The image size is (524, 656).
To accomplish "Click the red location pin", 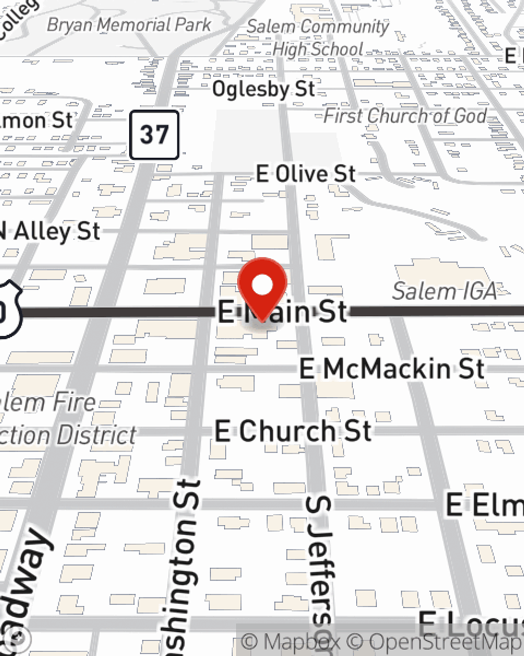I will coord(262,286).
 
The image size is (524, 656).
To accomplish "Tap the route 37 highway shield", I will coord(154,135).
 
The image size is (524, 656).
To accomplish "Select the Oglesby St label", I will coord(264,89).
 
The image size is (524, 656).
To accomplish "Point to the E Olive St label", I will coord(306,174).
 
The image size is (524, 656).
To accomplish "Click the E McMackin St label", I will coord(391,369).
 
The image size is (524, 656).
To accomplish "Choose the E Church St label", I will coord(293,432).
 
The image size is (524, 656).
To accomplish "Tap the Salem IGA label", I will coord(444,291).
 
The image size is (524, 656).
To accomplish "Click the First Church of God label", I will coord(405,116).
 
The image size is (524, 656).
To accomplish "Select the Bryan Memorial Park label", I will coord(129,25).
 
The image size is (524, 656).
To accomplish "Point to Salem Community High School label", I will coord(318,38).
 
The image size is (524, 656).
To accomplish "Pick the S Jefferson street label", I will coord(320,572).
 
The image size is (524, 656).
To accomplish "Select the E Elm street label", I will coord(484,505).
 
